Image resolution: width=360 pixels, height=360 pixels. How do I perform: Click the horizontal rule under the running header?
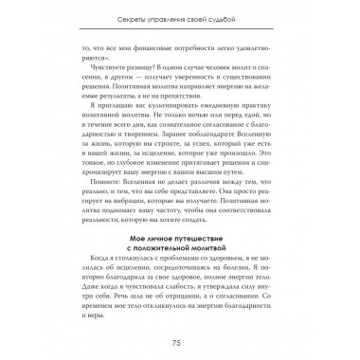point(180,28)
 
